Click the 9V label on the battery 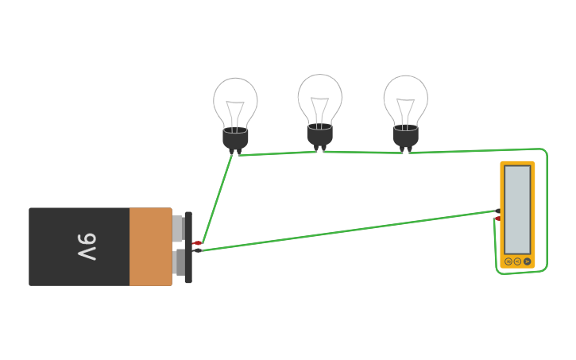(87, 247)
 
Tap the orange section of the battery (150, 247)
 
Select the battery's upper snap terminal (178, 227)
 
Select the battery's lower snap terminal (178, 263)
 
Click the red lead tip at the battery (197, 242)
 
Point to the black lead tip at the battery (198, 250)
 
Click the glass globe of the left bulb (235, 102)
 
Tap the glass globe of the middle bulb (320, 99)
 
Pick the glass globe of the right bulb (405, 100)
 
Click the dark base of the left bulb (235, 138)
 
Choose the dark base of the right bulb (405, 137)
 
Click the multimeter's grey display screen (517, 210)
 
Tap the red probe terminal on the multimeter (497, 218)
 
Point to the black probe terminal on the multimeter (497, 211)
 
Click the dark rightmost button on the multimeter (527, 261)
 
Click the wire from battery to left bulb (216, 199)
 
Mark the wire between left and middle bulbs (278, 153)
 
